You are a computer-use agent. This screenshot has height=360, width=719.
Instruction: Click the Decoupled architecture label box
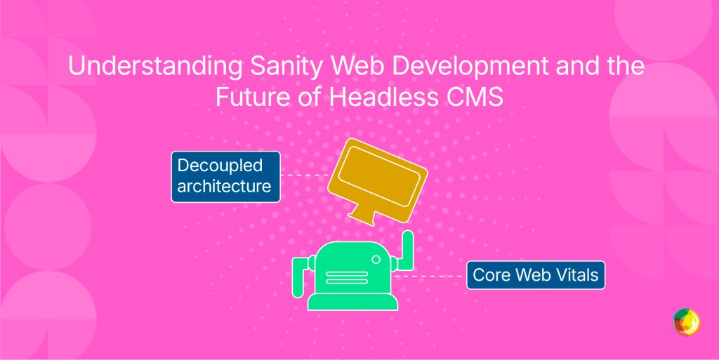click(225, 176)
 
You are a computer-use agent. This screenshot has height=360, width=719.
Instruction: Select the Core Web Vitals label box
click(535, 274)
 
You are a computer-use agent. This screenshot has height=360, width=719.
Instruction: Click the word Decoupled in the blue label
click(220, 166)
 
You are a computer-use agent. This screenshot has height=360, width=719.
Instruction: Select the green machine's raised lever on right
click(407, 249)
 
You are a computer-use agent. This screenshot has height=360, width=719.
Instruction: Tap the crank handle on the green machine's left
click(298, 275)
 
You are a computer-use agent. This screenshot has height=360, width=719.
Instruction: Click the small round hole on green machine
click(376, 259)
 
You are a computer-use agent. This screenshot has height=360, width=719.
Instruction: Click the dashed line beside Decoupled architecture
click(305, 175)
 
